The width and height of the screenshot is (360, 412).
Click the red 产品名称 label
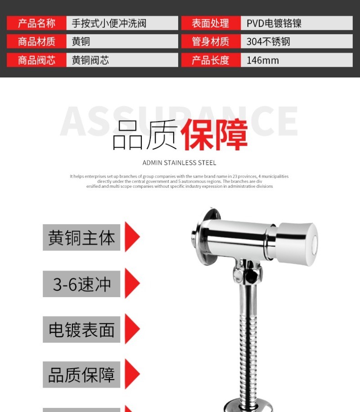click(x=36, y=23)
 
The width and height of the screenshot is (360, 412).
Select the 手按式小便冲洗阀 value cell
click(x=122, y=23)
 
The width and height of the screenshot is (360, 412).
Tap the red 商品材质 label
click(x=36, y=41)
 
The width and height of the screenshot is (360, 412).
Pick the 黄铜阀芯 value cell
click(x=122, y=60)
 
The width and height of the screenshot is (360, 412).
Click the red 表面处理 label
click(x=211, y=23)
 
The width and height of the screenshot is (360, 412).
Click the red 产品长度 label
click(x=211, y=60)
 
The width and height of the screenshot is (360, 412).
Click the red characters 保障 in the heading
click(x=214, y=135)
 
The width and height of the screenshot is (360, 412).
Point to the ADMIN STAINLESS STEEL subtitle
click(x=179, y=163)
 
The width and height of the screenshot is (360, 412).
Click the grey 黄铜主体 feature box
click(x=81, y=238)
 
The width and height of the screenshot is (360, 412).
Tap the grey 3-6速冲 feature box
click(x=81, y=284)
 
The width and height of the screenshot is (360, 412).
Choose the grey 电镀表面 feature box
click(x=81, y=330)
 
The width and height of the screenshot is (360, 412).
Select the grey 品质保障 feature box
click(x=81, y=375)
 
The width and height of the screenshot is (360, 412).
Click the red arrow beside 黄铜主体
click(x=131, y=237)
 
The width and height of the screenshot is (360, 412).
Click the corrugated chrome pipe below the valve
click(x=248, y=342)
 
